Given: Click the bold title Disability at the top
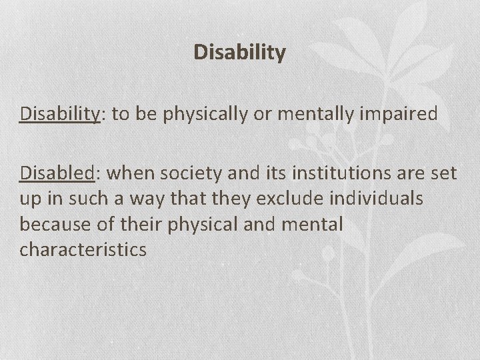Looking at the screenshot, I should click(240, 52).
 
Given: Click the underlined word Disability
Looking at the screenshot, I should click(59, 113).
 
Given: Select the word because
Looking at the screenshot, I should click(51, 225).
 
